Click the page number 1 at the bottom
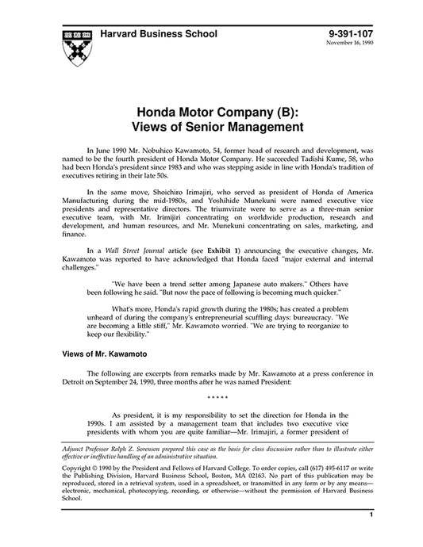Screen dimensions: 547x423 pos(371,537)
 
